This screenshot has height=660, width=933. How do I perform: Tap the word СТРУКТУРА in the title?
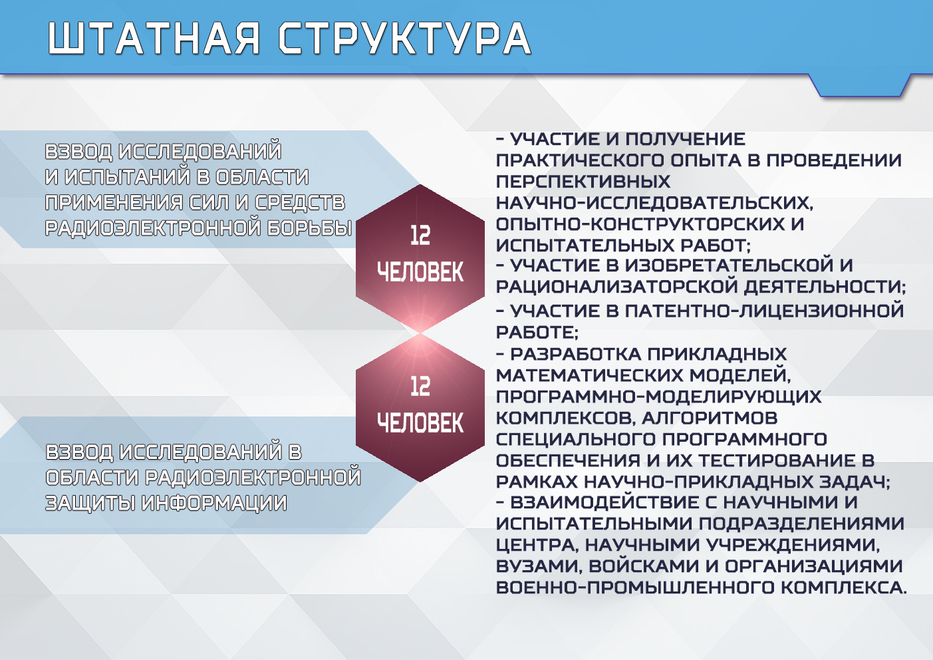point(404,39)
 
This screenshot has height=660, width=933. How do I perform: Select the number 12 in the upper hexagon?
point(420,236)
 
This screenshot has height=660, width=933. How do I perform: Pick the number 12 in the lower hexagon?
point(420,387)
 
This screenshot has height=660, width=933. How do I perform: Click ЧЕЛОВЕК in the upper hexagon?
point(420,272)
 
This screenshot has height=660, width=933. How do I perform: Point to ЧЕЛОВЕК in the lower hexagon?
point(420,422)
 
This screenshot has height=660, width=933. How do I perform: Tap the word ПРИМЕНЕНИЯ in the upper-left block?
point(114,202)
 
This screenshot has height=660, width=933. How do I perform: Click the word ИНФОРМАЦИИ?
point(214,503)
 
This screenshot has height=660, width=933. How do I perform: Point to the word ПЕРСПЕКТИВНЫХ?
point(583,182)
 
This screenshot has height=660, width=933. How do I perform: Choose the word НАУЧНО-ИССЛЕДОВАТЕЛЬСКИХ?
point(654,204)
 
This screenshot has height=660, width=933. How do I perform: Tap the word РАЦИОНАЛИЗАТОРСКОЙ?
point(616,287)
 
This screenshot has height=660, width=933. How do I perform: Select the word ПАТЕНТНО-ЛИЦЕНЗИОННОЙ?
point(764,311)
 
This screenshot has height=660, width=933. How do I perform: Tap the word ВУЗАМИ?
point(539,566)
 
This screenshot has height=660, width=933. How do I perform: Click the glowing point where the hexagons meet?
point(420,333)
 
